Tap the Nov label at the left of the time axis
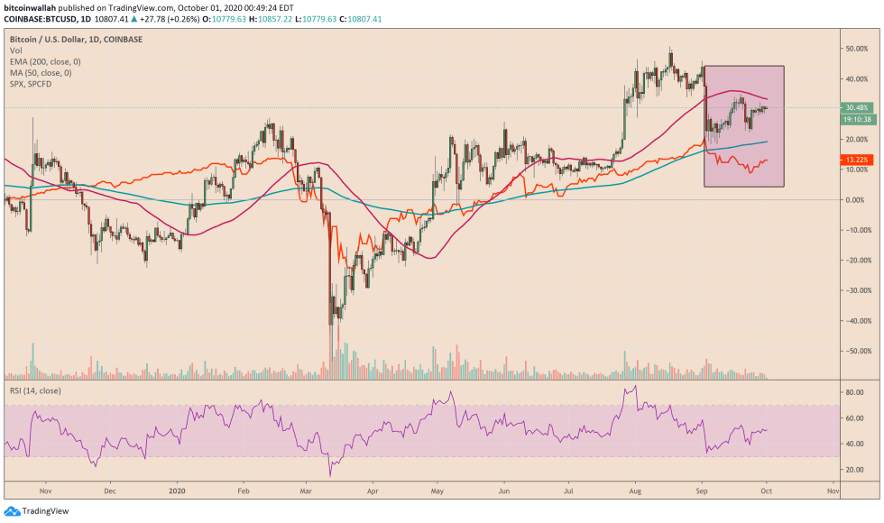pos(45,493)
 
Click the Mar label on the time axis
pos(305,493)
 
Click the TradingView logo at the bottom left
pos(32,510)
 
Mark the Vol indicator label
pos(15,52)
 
